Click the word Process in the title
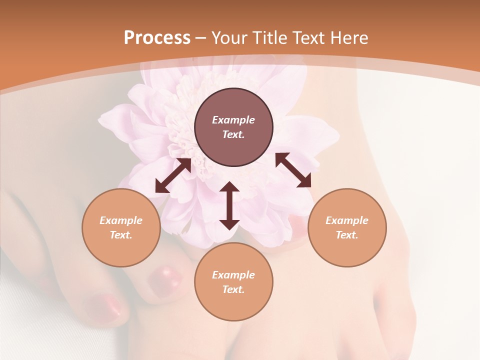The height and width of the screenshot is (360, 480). point(157,38)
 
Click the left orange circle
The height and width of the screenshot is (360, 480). point(121,227)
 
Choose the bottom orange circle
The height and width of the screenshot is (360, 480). point(233,281)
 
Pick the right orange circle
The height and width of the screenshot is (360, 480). point(347,227)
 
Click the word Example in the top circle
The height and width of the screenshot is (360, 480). point(233,120)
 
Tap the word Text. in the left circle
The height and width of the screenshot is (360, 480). point(121,235)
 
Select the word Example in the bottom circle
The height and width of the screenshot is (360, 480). point(233,275)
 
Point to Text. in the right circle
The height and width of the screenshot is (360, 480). point(347,235)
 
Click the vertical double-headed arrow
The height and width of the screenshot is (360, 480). point(229,205)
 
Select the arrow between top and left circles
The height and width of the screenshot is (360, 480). point(173,175)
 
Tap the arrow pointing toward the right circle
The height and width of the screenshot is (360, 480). point(293,170)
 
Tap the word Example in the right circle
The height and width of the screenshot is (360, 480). point(347,220)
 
